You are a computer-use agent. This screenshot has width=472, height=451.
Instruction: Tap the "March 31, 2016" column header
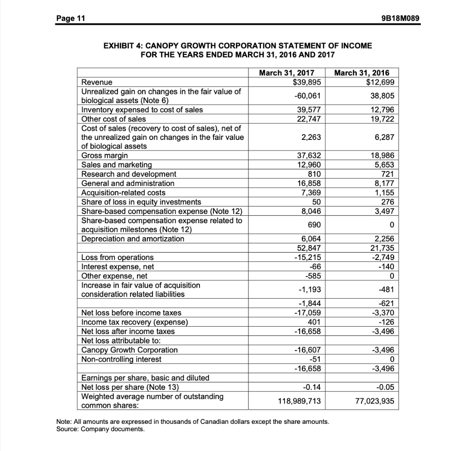(x=361, y=73)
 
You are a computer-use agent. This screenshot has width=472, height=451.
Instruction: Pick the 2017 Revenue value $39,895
(x=307, y=82)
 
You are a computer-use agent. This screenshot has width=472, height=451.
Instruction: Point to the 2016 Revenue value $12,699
(x=380, y=82)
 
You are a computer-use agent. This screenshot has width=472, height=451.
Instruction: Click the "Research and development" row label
(x=129, y=174)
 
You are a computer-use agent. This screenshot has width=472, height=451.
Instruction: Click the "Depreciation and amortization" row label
(x=133, y=238)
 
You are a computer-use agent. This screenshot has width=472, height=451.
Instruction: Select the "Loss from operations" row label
(x=118, y=257)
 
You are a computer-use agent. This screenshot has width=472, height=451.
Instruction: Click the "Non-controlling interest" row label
(x=121, y=358)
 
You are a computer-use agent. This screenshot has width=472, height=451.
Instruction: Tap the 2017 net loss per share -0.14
(x=312, y=386)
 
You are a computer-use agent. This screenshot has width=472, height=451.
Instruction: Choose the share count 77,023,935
(x=375, y=401)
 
